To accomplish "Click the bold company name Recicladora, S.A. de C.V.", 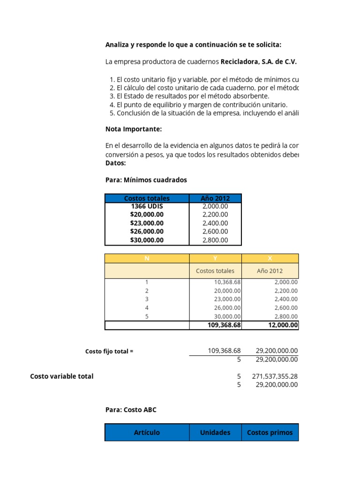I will [258, 61].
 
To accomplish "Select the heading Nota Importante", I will [134, 129].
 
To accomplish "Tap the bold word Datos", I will [116, 163].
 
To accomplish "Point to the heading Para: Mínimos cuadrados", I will [146, 180].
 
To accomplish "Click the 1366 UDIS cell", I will [147, 206].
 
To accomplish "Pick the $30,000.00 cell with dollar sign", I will [147, 240].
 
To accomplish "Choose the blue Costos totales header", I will [147, 198].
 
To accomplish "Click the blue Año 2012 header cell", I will [215, 198].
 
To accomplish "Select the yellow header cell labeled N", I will [147, 258].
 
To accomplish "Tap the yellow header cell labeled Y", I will [215, 258].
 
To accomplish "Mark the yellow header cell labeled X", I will [270, 258].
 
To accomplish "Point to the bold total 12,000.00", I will [283, 325].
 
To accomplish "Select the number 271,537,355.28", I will [274, 376].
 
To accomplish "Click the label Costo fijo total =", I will [109, 352].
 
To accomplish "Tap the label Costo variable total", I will [62, 376].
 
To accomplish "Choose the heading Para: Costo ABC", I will [131, 410].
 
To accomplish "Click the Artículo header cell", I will [147, 433].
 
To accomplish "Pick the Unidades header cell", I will [215, 433].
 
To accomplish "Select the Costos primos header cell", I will [270, 433].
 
